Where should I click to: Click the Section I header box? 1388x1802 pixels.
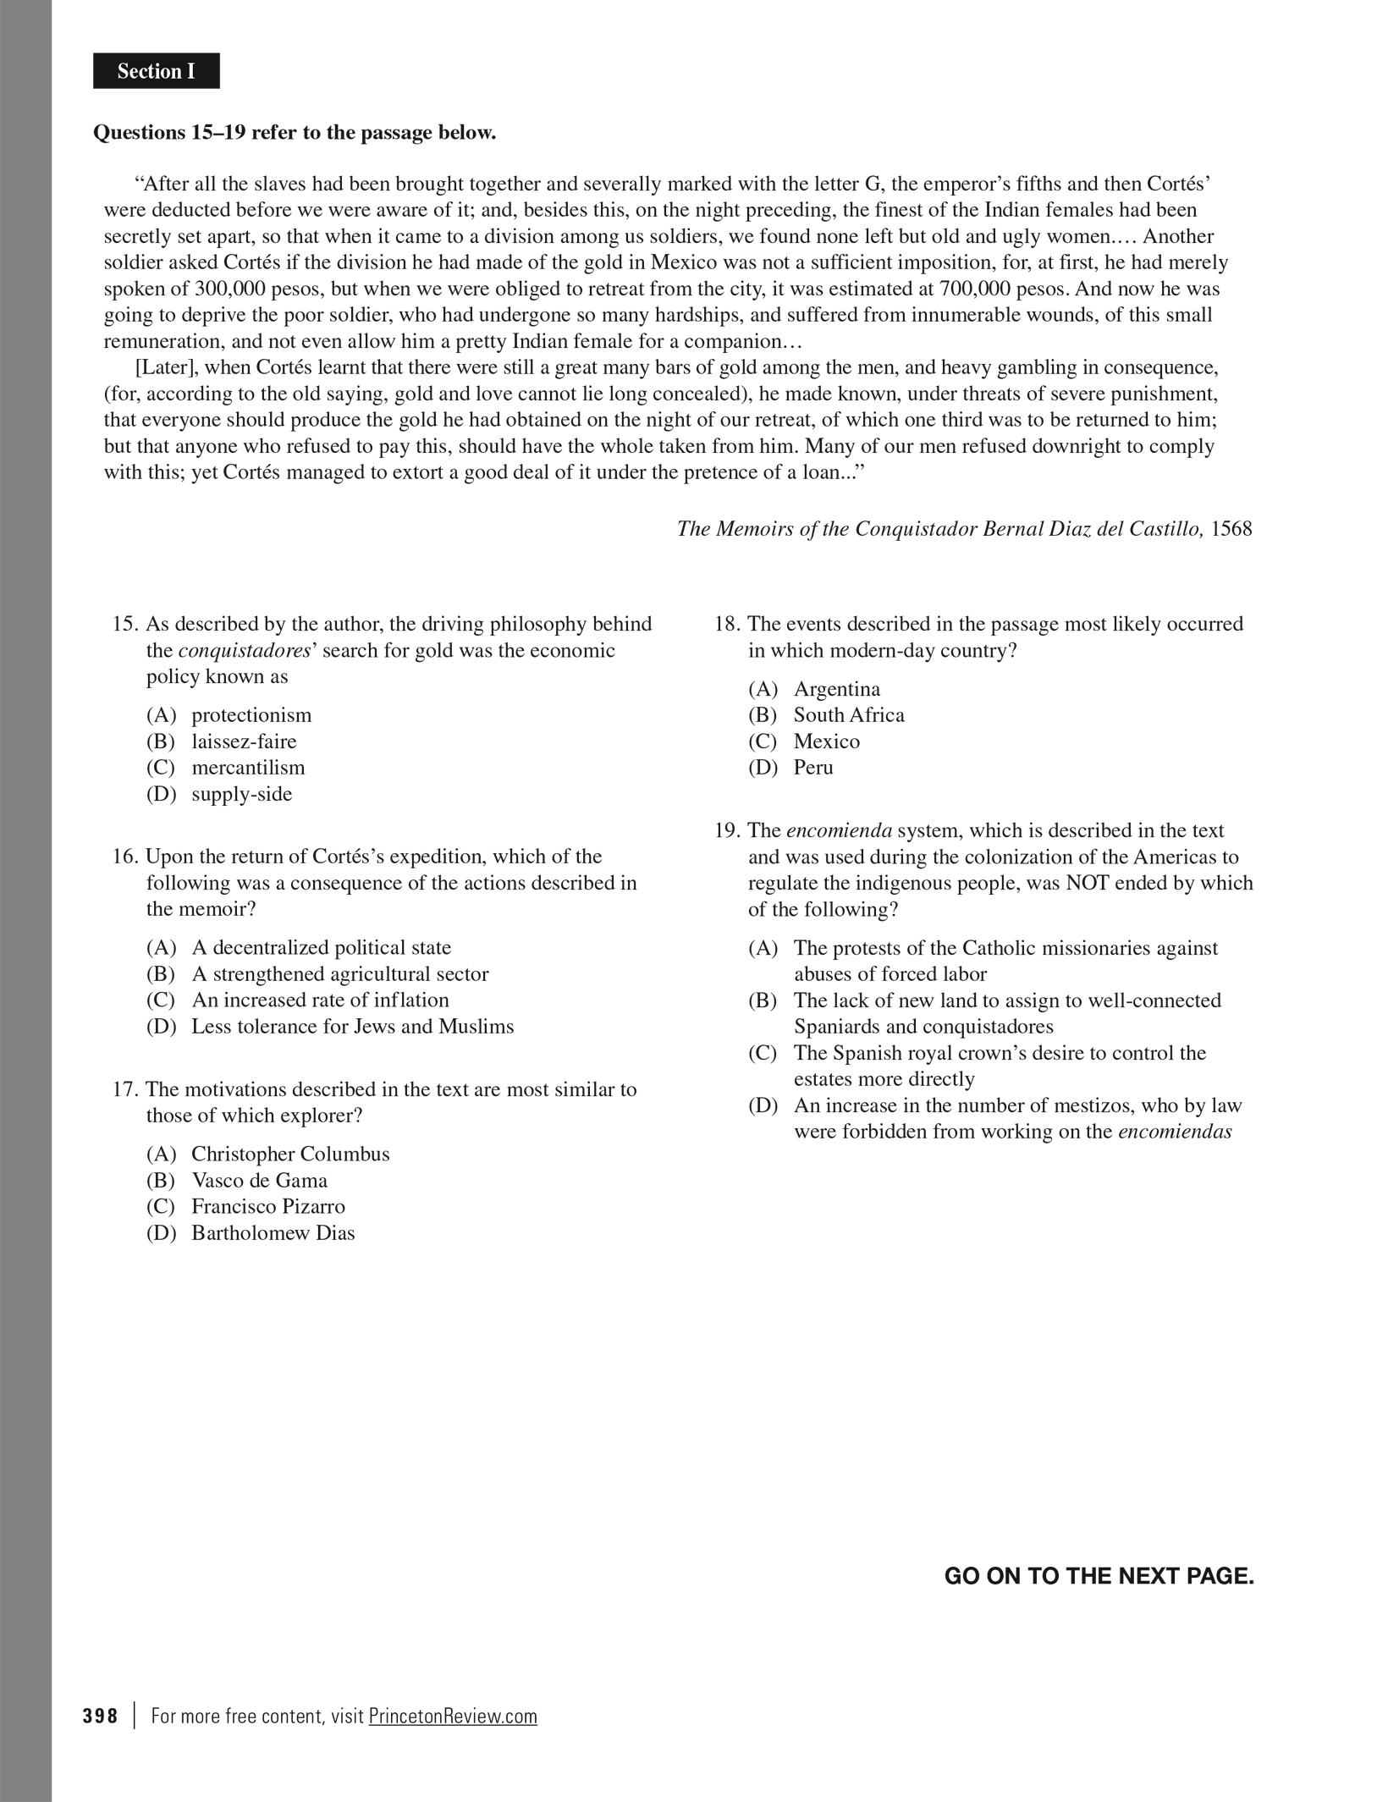[157, 71]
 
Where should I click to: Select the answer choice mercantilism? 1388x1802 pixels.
[247, 768]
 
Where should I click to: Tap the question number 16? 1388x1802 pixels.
[124, 857]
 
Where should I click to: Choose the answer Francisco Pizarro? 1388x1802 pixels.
[267, 1206]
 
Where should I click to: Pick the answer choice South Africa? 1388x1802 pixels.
[848, 715]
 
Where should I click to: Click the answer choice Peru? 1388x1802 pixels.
[812, 768]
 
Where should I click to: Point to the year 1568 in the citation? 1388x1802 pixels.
[1231, 529]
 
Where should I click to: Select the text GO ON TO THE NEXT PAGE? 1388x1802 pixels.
[1099, 1576]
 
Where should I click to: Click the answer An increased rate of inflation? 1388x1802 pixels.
[320, 1000]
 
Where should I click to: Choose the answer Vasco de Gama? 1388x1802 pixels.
[259, 1180]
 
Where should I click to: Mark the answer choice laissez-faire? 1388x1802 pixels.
[244, 741]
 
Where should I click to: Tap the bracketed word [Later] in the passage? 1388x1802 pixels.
[166, 367]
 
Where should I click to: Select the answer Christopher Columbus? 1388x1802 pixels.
[290, 1154]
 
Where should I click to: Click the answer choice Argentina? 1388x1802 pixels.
[836, 689]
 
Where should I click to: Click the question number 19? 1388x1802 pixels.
[726, 830]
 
